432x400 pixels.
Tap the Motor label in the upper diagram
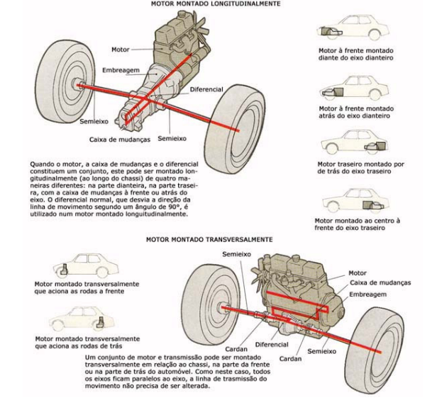[119, 49]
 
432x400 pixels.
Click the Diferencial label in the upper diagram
[206, 90]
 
